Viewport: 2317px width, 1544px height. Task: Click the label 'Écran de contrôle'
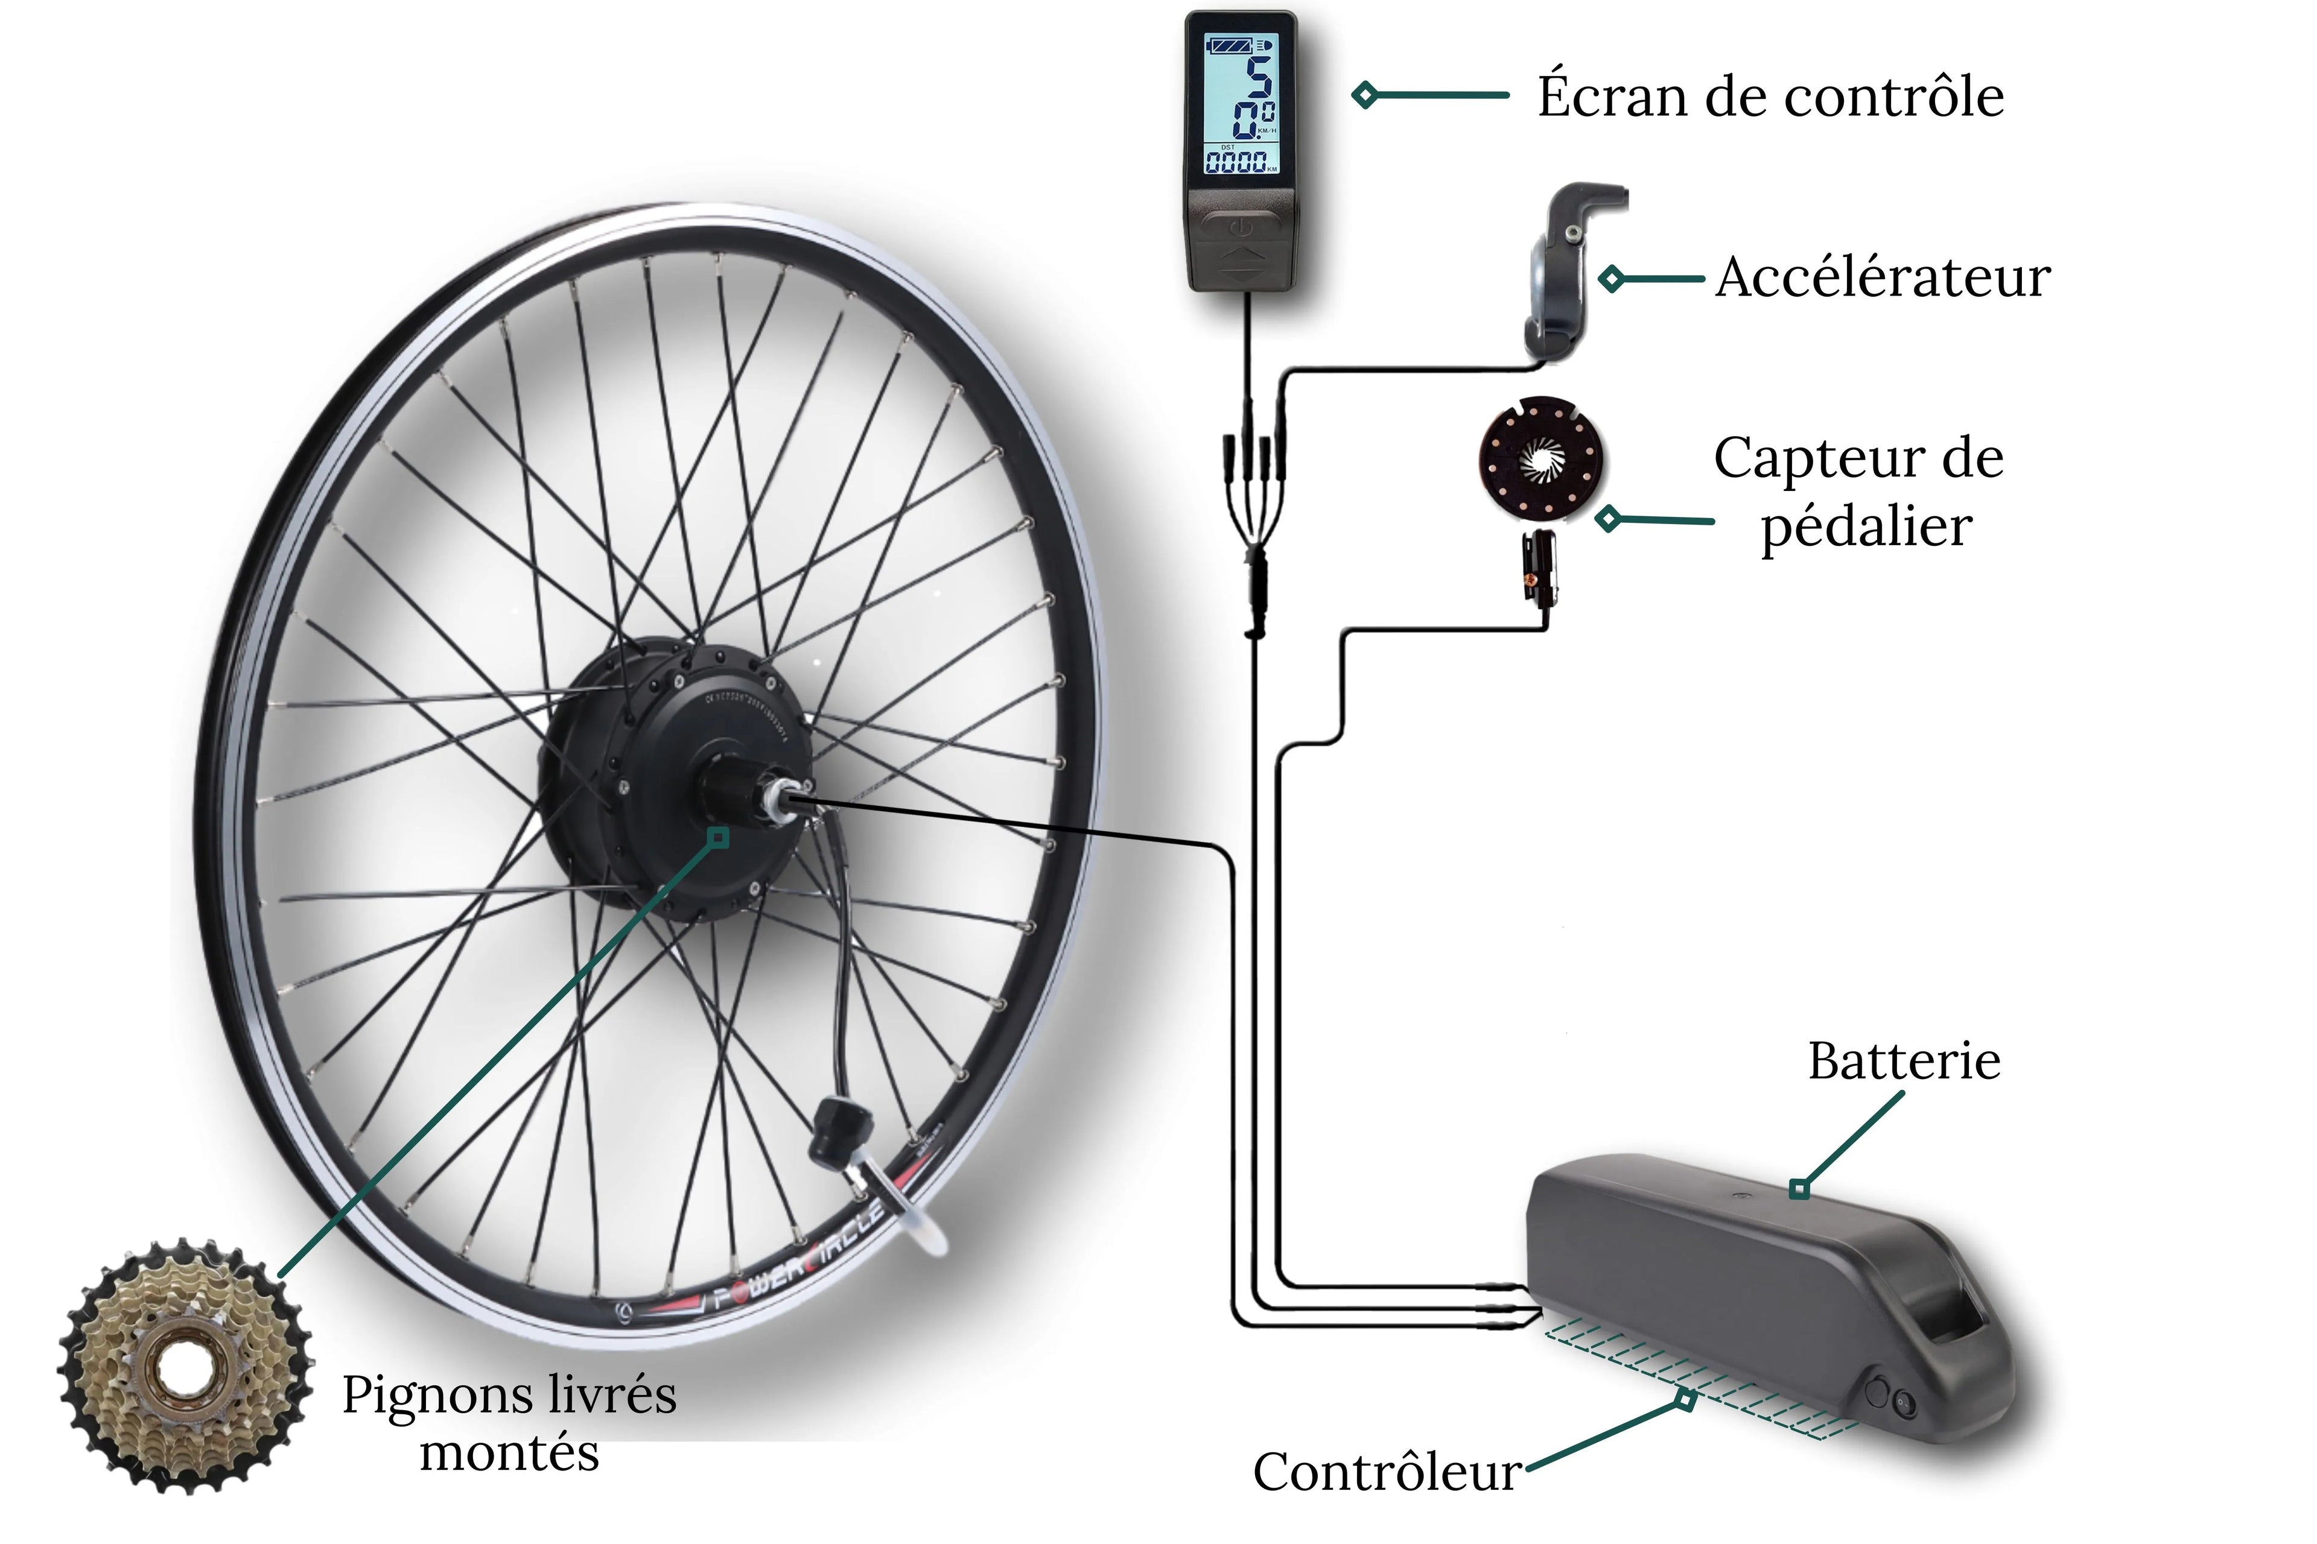pyautogui.click(x=1770, y=96)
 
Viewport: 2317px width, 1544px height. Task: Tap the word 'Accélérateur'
pyautogui.click(x=1883, y=277)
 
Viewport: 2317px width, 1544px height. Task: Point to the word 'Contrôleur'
pyautogui.click(x=1386, y=1472)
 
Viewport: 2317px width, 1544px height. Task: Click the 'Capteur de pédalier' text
pyautogui.click(x=1859, y=492)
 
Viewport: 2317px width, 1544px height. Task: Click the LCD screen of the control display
pyautogui.click(x=1241, y=106)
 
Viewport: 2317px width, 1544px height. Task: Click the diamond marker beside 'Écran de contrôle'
pyautogui.click(x=1364, y=95)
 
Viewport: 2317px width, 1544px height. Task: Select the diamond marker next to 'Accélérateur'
pyautogui.click(x=1610, y=279)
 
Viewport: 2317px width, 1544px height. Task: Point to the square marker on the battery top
pyautogui.click(x=1799, y=1189)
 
